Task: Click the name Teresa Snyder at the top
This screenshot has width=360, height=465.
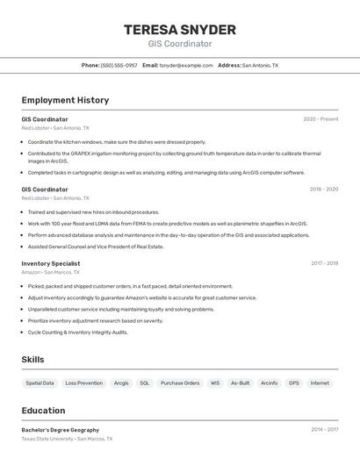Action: (x=180, y=28)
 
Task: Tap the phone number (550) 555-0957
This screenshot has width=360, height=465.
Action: (x=119, y=66)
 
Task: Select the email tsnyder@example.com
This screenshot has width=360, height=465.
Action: (x=186, y=66)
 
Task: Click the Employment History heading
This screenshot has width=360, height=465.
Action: (x=65, y=100)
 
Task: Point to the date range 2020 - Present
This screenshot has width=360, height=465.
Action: (x=320, y=119)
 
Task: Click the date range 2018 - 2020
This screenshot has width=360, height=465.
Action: (x=323, y=189)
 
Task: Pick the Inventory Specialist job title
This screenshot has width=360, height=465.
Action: (x=51, y=263)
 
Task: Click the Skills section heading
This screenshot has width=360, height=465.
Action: (x=32, y=360)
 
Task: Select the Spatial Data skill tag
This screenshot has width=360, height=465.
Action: (x=40, y=383)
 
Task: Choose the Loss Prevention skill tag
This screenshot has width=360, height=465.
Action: (x=83, y=383)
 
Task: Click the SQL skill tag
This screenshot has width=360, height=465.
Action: (x=145, y=383)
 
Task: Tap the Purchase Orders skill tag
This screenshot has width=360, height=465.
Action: (x=180, y=383)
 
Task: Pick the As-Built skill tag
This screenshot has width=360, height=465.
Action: (x=240, y=383)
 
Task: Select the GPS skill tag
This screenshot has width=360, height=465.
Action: (x=294, y=383)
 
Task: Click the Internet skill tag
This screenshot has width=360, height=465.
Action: (x=320, y=383)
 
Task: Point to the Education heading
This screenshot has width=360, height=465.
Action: (x=43, y=411)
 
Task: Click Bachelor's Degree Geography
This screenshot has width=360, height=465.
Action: (x=61, y=430)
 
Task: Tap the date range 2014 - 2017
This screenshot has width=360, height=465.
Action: (x=324, y=430)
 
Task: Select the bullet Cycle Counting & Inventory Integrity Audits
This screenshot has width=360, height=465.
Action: (x=77, y=333)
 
